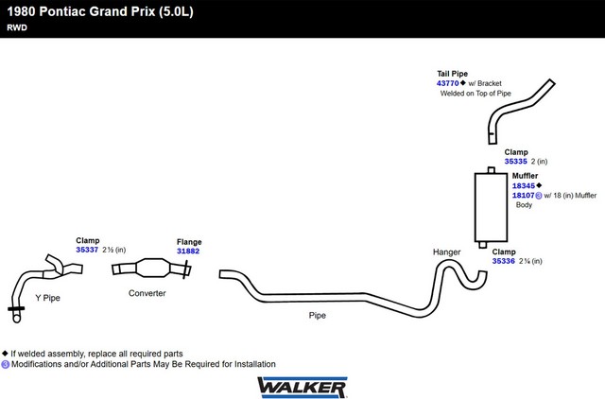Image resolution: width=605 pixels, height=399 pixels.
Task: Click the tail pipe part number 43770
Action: (447, 83)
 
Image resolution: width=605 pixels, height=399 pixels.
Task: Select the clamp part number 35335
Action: (515, 162)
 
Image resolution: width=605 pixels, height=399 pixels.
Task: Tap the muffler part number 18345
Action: (524, 185)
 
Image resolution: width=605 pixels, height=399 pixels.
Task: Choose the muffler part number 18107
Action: (523, 196)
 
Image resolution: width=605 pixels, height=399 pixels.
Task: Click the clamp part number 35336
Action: (504, 261)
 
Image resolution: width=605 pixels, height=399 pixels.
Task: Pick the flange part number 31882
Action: (188, 251)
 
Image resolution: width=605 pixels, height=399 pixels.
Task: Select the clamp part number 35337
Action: (87, 250)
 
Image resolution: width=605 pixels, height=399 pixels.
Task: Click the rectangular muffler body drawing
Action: (491, 207)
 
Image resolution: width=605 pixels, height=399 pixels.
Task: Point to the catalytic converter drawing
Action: (151, 268)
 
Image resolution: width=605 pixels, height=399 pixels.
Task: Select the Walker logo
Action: (302, 388)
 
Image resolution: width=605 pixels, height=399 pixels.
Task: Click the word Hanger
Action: (447, 252)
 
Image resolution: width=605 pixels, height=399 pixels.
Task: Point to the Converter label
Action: (147, 293)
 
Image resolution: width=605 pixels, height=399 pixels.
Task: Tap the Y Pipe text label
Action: (47, 298)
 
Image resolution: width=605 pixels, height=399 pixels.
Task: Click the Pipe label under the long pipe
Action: (318, 315)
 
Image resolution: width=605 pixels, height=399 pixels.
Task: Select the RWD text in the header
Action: (17, 27)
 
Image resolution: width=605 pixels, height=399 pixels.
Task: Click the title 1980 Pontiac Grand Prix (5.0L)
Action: (100, 11)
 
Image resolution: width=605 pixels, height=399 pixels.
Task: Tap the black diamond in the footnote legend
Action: (5, 353)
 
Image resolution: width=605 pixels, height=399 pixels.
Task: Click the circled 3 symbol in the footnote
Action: (5, 364)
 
